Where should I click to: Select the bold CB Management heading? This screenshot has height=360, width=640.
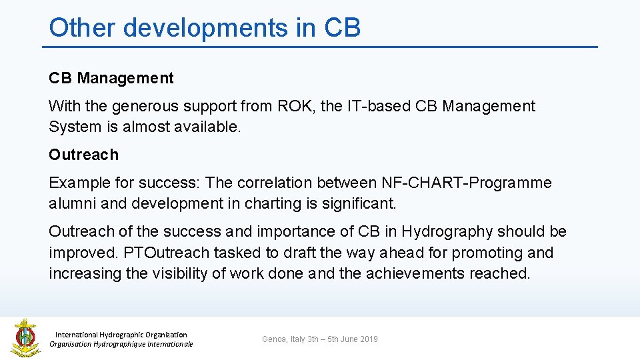pyautogui.click(x=111, y=78)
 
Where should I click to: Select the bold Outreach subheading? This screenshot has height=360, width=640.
pyautogui.click(x=83, y=155)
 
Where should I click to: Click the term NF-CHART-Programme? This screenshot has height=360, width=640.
pyautogui.click(x=467, y=183)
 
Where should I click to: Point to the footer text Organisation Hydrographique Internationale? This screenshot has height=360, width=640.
pyautogui.click(x=121, y=344)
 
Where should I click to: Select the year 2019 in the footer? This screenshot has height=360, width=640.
pyautogui.click(x=368, y=339)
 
